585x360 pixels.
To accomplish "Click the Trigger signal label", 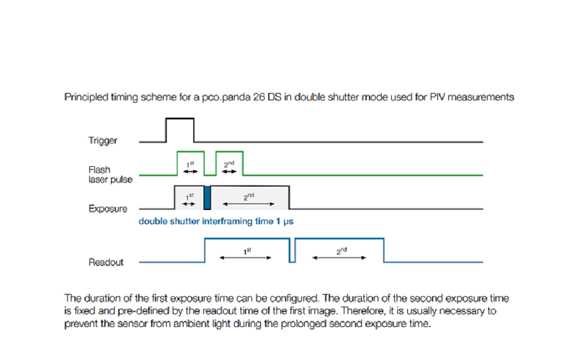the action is coord(102,140).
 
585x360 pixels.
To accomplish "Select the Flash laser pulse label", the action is coord(110,175).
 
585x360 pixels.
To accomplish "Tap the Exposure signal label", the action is coord(107,209).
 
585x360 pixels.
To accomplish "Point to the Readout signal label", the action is coord(106,262).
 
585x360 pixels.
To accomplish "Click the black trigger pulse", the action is coord(180,119).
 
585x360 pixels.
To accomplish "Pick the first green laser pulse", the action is coord(191,152).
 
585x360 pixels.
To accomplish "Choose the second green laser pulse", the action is coord(230,152).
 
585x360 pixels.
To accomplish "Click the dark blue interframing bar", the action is coord(207,198).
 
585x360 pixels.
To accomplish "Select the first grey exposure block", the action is coord(189,197).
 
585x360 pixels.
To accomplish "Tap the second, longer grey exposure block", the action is coord(250,197).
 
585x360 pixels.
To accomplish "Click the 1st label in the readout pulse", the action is coord(247,251).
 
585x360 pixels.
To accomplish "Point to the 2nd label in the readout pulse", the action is coord(341,251).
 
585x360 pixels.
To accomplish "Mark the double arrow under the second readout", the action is coord(339,258).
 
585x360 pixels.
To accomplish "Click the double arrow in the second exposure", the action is coord(249,204).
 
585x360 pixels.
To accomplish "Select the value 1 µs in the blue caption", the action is coord(284,222).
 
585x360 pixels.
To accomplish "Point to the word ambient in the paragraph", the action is coord(192,323).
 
